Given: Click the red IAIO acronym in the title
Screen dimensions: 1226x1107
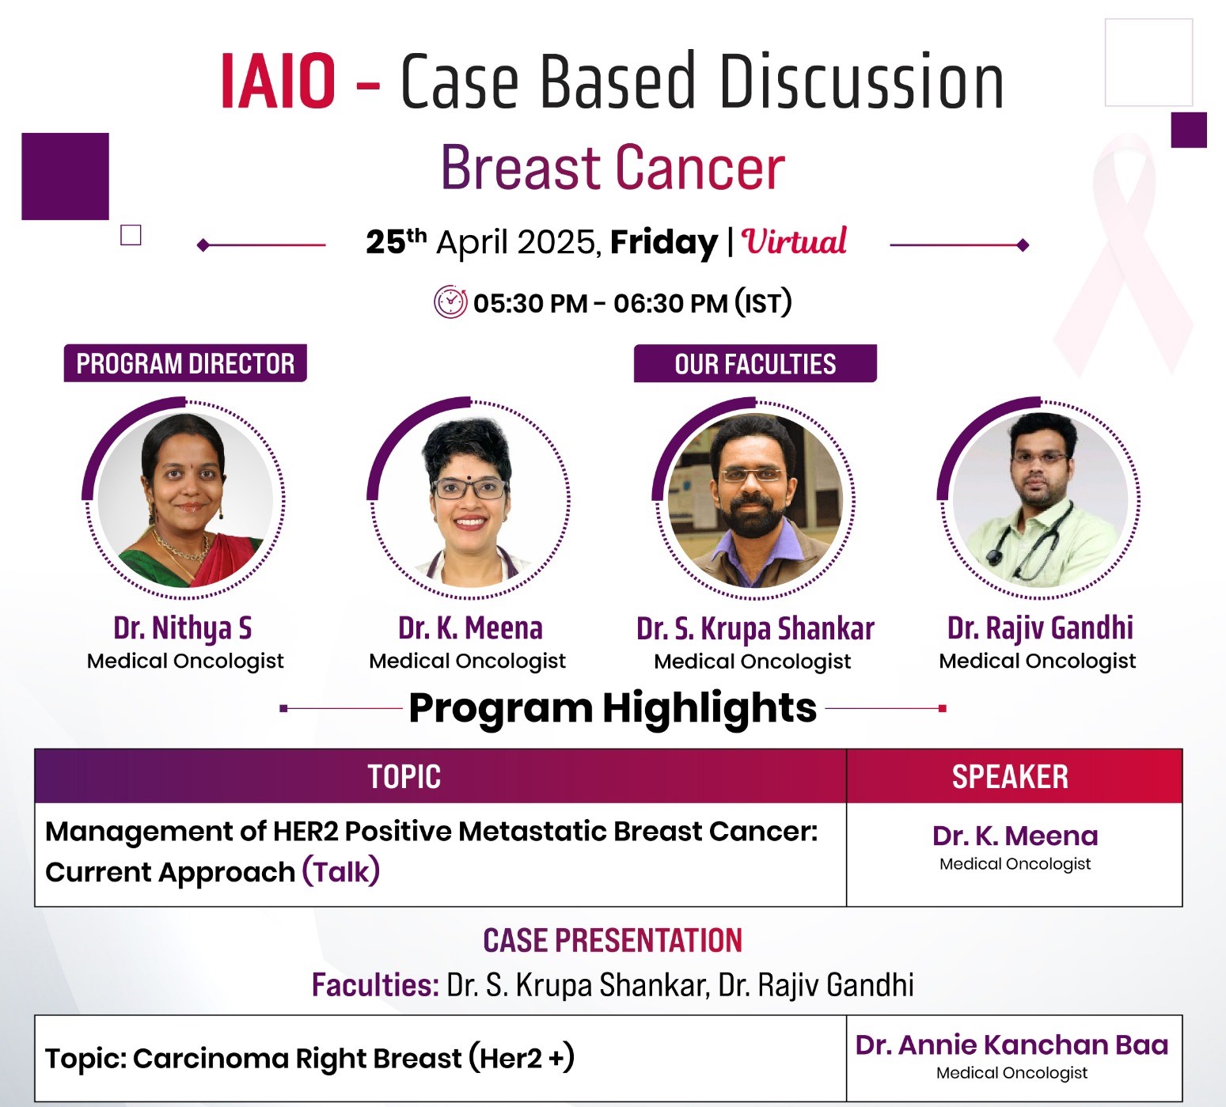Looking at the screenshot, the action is pos(278,81).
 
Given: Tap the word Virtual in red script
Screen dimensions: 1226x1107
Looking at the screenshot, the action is pos(794,241).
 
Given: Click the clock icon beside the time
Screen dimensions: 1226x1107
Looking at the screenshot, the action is pos(450,302).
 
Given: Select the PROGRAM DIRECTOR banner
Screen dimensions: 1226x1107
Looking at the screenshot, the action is pos(185,363).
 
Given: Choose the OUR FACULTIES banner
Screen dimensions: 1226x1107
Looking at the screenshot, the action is pos(755,363).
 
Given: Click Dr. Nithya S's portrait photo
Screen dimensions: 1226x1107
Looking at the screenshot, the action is pos(185,499).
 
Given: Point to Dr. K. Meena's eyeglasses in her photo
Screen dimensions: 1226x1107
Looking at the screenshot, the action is pos(469,487).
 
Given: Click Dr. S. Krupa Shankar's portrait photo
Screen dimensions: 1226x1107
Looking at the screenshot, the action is pos(755,499).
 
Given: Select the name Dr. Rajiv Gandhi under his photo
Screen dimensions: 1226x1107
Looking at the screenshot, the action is pos(1040,628).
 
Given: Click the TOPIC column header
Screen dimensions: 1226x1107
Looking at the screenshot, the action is pos(404,777).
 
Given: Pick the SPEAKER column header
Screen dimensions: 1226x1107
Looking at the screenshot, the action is pos(1010,777).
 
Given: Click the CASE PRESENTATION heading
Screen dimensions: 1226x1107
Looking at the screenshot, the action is pos(613,941).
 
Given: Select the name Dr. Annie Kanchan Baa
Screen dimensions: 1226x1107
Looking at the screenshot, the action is pos(1012,1045).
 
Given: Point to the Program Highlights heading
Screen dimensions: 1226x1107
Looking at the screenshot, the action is pos(613,707).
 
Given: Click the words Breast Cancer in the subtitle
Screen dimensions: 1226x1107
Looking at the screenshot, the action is pos(613,168).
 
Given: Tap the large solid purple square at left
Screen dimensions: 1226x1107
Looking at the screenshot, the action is pos(65,176).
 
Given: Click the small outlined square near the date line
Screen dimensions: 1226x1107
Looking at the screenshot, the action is pos(131,235).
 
